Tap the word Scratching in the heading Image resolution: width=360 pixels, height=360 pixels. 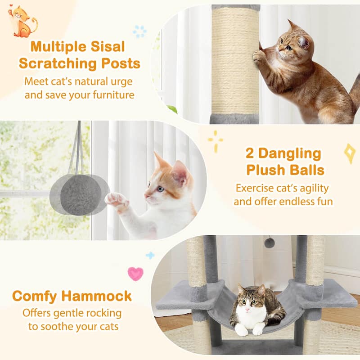tap(57, 64)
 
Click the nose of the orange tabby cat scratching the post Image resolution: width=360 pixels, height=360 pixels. tap(280, 47)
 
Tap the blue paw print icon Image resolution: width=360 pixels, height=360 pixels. tap(140, 31)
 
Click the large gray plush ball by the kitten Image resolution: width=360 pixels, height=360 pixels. tap(81, 194)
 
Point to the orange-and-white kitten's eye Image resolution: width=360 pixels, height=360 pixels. tap(161, 189)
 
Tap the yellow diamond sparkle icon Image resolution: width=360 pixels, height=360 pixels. tap(350, 153)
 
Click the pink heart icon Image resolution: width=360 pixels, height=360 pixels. tap(135, 273)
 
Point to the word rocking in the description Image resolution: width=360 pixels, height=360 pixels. tap(103, 313)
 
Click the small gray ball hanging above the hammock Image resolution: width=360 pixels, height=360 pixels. tap(269, 243)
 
